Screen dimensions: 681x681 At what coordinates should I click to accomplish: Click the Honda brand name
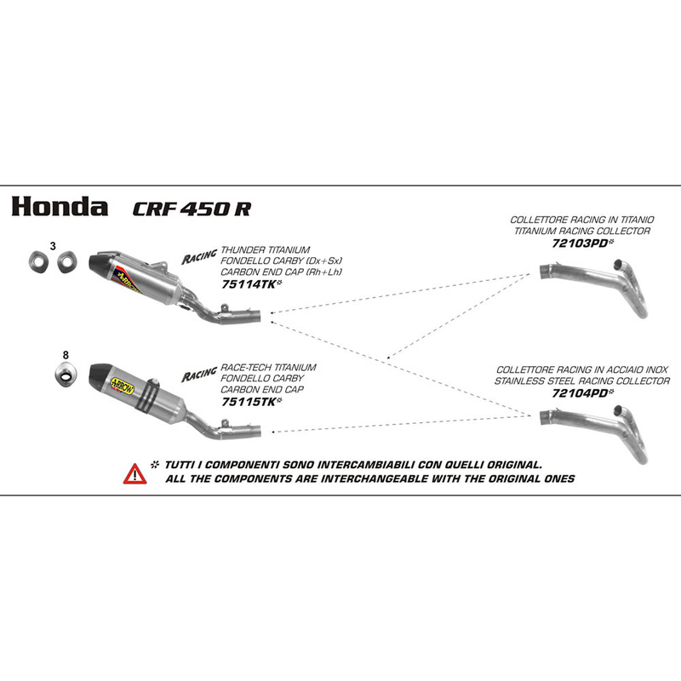click(x=59, y=207)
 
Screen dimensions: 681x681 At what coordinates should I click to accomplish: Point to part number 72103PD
click(x=580, y=243)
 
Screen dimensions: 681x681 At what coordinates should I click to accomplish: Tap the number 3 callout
click(x=53, y=246)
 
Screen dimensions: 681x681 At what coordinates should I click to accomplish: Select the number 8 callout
click(x=65, y=353)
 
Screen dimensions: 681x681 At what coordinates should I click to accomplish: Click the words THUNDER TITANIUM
click(x=265, y=249)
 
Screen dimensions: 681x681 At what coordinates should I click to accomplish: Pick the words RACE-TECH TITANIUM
click(x=268, y=368)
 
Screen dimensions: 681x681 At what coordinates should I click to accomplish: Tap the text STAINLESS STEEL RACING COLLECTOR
click(x=581, y=381)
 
